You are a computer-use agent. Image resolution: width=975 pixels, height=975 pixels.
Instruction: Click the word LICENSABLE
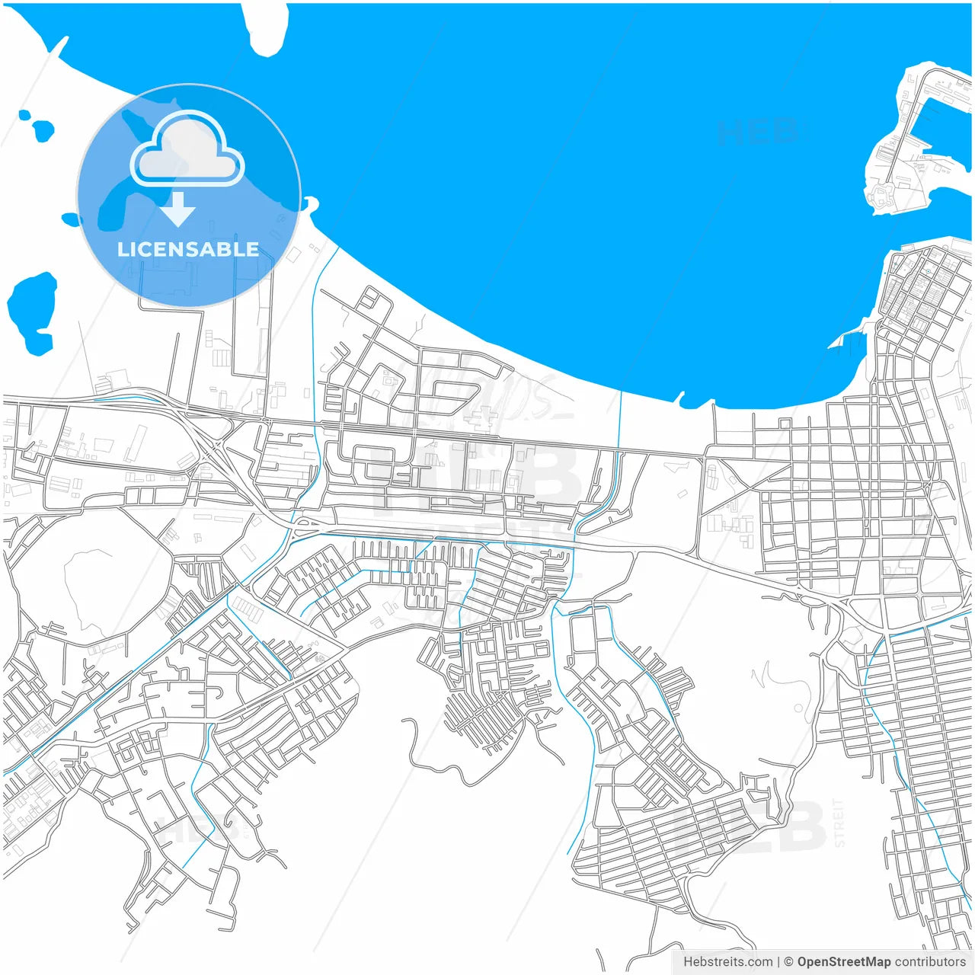[188, 249]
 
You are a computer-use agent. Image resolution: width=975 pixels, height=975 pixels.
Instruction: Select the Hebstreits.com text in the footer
[727, 961]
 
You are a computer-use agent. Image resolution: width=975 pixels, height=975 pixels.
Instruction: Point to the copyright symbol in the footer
[788, 961]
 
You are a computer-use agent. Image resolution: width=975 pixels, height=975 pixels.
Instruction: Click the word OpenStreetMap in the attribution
[843, 961]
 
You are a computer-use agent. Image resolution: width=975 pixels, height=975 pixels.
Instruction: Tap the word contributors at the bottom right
[930, 961]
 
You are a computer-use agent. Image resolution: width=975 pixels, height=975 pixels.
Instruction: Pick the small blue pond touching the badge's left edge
[70, 219]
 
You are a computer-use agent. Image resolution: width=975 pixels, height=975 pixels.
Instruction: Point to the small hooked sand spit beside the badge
[310, 203]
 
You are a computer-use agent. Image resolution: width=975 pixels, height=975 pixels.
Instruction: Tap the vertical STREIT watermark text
[839, 823]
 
